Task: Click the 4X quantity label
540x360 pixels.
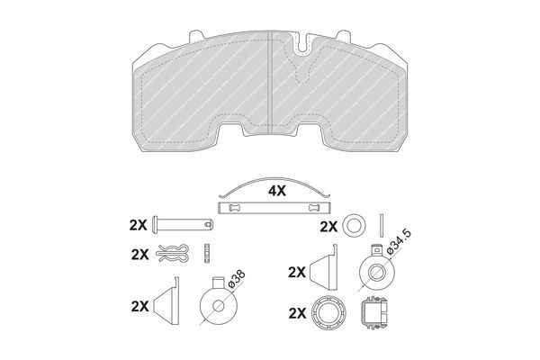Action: (x=277, y=191)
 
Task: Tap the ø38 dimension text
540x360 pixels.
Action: (x=237, y=279)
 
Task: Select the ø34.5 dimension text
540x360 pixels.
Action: (x=399, y=242)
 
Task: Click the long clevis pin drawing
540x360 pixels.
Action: (x=183, y=225)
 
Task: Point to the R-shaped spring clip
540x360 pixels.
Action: (x=172, y=254)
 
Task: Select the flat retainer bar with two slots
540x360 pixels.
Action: (x=274, y=208)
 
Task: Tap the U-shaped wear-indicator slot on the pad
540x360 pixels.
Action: (x=301, y=44)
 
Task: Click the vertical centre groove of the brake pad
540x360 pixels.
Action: (x=270, y=83)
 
